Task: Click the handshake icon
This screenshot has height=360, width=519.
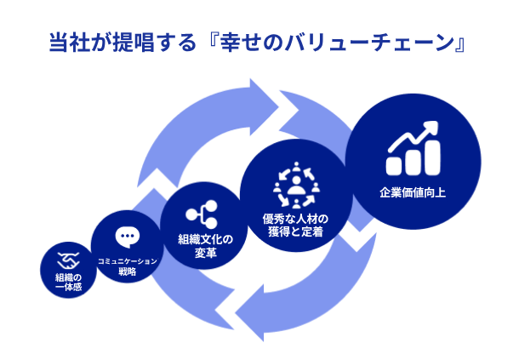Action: click(67, 260)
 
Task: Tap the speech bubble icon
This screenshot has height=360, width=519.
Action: click(126, 236)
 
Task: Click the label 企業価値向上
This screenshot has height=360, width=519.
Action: click(413, 193)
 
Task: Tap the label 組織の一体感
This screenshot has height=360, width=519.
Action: click(67, 283)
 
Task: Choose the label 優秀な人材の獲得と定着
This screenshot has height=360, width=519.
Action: click(295, 225)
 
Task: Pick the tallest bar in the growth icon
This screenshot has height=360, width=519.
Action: click(434, 157)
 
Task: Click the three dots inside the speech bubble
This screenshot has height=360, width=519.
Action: click(126, 234)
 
